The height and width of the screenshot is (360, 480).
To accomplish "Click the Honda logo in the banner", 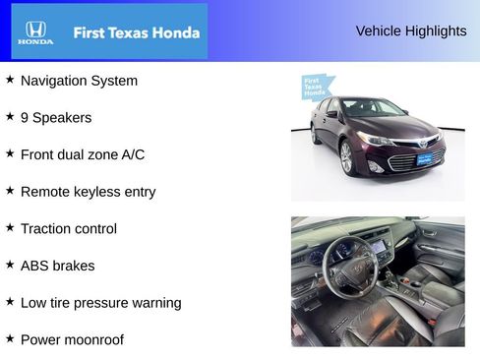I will [x=35, y=32].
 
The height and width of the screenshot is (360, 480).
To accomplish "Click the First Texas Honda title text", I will [x=136, y=32].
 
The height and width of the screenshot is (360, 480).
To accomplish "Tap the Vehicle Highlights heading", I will [x=411, y=31].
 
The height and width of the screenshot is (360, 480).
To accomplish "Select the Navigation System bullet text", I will [x=79, y=81].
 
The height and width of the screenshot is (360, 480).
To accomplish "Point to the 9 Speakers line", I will [x=56, y=118].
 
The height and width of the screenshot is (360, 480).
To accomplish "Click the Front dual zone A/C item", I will [x=82, y=154].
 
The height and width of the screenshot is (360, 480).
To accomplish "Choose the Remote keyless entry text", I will [x=88, y=192].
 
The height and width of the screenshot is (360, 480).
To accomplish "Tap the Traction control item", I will [x=68, y=228].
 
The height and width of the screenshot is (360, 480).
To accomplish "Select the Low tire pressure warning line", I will [x=100, y=303].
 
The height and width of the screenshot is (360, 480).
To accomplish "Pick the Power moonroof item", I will [x=72, y=339].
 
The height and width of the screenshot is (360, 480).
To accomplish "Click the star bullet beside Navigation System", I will [x=10, y=80].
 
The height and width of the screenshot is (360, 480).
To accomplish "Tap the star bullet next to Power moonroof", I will [x=10, y=338].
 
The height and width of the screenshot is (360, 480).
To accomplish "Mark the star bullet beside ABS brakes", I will [x=10, y=265].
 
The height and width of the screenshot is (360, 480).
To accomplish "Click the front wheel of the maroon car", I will [x=346, y=158].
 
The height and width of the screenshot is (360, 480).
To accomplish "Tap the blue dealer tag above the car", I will [x=314, y=89].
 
